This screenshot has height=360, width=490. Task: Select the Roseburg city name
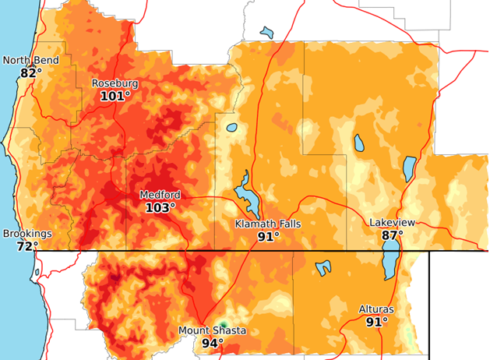[115, 83]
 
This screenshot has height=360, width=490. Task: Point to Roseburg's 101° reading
[115, 96]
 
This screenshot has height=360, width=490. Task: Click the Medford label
[160, 195]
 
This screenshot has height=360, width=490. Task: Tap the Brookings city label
[27, 234]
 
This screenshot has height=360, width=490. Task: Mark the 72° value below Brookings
[27, 246]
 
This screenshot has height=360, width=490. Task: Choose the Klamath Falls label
[268, 224]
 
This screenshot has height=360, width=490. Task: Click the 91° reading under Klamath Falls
[268, 236]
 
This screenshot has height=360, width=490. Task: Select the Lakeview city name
[392, 223]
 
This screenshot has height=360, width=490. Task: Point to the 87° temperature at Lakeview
[392, 235]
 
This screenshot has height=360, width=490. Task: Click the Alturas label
[376, 309]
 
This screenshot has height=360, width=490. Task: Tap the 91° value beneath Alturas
[376, 321]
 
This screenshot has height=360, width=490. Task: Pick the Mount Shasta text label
[212, 330]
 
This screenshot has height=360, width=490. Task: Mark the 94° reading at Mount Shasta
[212, 343]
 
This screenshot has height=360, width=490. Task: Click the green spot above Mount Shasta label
[222, 323]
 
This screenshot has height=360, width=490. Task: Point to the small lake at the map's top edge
[268, 33]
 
